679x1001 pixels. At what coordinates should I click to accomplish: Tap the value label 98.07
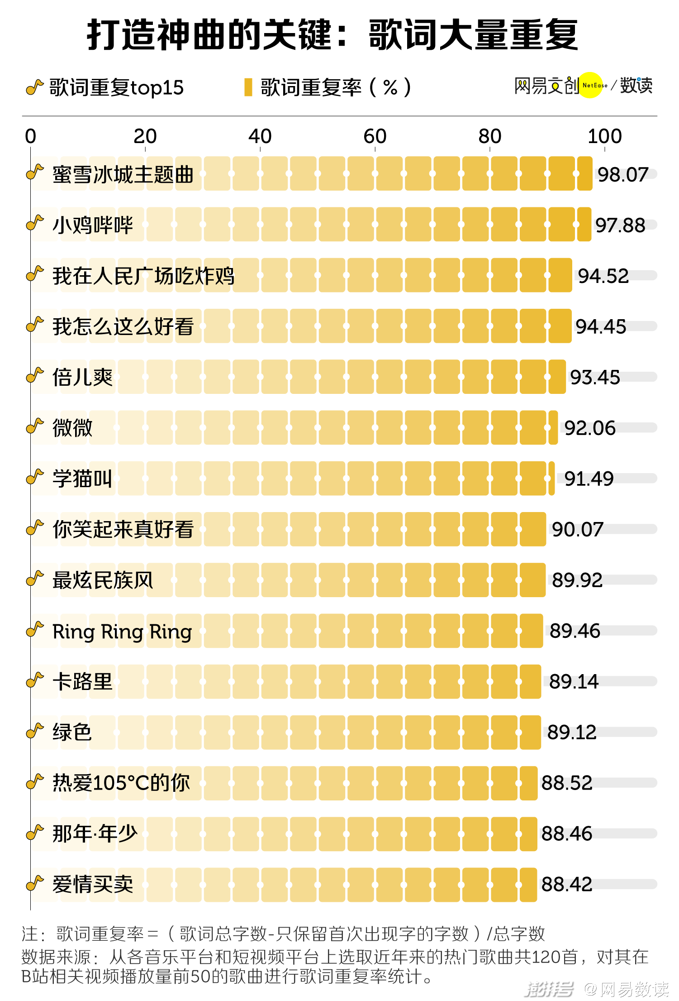tap(623, 175)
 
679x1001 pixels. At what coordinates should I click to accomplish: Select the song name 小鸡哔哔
tap(93, 225)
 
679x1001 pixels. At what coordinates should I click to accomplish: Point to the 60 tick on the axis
tap(375, 136)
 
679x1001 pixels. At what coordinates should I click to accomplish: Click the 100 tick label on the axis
tap(604, 136)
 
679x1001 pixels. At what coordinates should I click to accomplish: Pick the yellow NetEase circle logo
tap(591, 85)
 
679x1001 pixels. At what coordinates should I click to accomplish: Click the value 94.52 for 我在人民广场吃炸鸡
tap(603, 276)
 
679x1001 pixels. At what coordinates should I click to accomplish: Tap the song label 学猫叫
tap(82, 479)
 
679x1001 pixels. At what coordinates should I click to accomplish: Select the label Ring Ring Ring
tap(122, 632)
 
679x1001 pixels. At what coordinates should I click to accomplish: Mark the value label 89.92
tap(577, 580)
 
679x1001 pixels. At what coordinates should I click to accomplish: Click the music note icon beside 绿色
tap(35, 730)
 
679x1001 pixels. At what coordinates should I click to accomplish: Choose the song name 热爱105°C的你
tap(121, 783)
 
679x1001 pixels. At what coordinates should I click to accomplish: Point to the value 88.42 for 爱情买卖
tap(567, 884)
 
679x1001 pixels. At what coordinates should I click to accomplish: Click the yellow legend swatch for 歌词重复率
tap(248, 87)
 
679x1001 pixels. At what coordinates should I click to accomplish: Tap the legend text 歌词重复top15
tap(116, 87)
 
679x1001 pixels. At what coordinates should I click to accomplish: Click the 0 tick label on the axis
tap(30, 136)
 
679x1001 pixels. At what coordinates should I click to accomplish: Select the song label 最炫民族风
tap(103, 580)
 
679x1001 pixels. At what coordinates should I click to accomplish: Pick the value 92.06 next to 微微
tap(590, 428)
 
